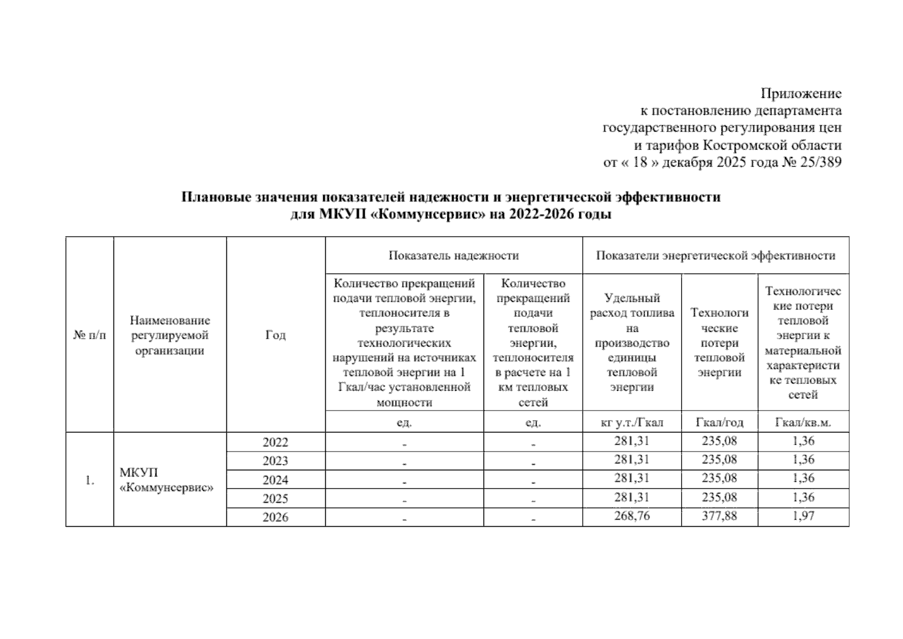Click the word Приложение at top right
[x=801, y=94]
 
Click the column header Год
[x=275, y=335]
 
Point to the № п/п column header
[x=89, y=335]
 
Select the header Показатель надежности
[x=453, y=256]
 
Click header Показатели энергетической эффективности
[x=715, y=256]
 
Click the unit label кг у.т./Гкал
[x=631, y=423]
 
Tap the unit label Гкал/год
[x=719, y=423]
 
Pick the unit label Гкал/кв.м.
[x=803, y=423]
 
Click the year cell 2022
[x=275, y=442]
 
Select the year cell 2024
[x=275, y=480]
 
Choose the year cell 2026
[x=275, y=518]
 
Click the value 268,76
[x=631, y=516]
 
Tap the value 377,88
[x=719, y=516]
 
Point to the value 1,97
[x=803, y=516]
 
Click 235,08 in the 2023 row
[x=719, y=460]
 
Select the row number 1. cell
[x=89, y=480]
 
